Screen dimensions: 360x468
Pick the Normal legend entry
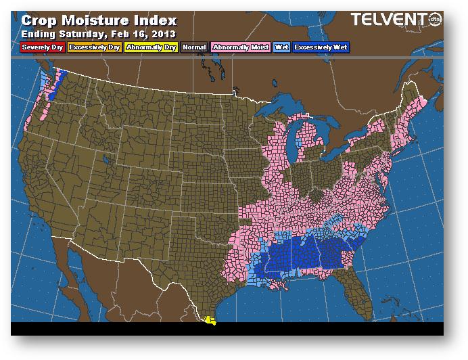point(195,47)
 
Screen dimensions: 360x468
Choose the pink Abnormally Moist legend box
point(240,47)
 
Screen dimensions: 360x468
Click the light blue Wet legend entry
point(281,47)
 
